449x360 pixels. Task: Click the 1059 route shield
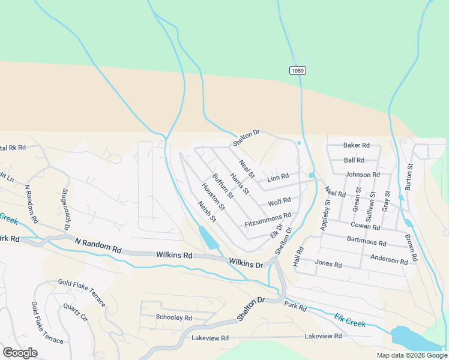click(x=297, y=71)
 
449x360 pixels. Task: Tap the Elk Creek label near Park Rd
click(x=350, y=319)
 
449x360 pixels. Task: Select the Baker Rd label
click(x=356, y=145)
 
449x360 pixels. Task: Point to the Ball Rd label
click(x=354, y=160)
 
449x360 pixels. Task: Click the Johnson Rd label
click(x=363, y=175)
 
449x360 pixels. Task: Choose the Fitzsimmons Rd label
click(x=268, y=219)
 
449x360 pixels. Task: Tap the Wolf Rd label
click(x=279, y=202)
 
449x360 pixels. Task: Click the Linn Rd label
click(x=278, y=178)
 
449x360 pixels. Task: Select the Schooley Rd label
click(x=173, y=317)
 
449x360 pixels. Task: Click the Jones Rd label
click(x=328, y=264)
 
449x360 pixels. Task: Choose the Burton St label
click(x=409, y=177)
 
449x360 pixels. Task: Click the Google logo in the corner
click(x=20, y=353)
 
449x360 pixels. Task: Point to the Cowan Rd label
click(x=366, y=227)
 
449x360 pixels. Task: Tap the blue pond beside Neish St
click(x=208, y=238)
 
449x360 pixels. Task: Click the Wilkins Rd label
click(x=176, y=255)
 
